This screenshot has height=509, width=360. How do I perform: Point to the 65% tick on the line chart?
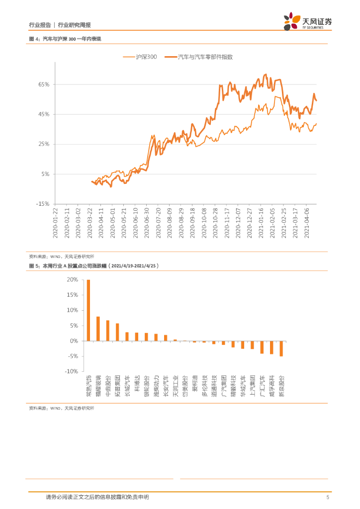[43, 85]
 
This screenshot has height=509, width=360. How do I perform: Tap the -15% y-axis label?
[42, 204]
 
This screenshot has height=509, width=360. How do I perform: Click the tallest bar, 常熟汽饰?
[89, 310]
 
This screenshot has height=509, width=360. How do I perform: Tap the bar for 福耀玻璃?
[98, 329]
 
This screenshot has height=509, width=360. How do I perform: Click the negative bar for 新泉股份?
[281, 348]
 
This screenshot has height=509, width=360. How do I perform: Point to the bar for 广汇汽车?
[262, 347]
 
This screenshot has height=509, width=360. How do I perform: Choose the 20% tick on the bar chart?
[73, 280]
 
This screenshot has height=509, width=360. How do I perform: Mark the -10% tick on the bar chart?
[72, 371]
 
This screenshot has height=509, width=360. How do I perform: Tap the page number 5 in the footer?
[327, 497]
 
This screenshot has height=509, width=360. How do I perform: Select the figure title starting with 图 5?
[93, 266]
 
